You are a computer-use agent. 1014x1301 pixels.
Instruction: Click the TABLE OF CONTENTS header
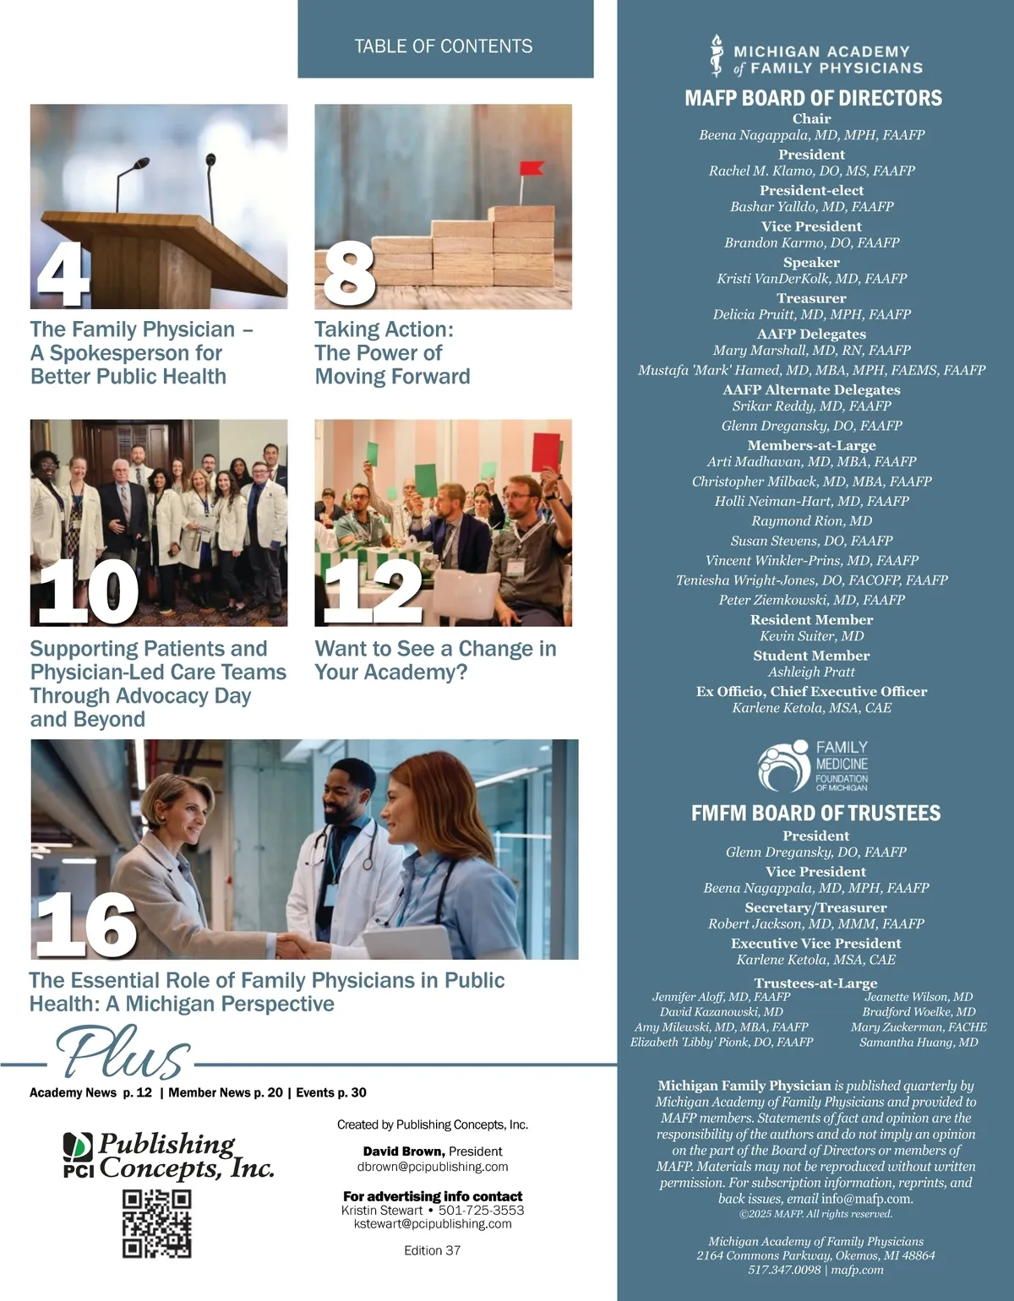(x=444, y=46)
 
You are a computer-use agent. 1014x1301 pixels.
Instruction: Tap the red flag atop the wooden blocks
(x=532, y=168)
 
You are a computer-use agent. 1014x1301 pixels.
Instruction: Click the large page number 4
(x=63, y=275)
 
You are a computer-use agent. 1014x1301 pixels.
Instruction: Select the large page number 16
(x=85, y=925)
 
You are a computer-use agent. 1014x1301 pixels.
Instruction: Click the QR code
(x=156, y=1224)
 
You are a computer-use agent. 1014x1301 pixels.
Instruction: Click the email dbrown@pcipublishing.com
(x=433, y=1167)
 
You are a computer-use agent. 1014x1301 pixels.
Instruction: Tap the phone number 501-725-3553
(x=481, y=1211)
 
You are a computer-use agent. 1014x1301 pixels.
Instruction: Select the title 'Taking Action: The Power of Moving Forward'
(x=392, y=353)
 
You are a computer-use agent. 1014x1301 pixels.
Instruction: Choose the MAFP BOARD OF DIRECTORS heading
(x=813, y=98)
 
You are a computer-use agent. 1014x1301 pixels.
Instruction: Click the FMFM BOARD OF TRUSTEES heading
(x=815, y=814)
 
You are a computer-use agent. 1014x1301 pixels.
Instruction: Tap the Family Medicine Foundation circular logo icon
(x=783, y=766)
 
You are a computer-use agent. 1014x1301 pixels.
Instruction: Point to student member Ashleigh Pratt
(x=811, y=672)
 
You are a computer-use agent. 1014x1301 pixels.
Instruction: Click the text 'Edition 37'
(x=432, y=1250)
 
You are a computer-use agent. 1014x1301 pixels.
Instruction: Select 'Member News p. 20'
(x=226, y=1092)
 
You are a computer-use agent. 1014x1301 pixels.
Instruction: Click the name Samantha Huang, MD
(x=919, y=1042)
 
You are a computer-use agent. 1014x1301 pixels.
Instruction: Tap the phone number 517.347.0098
(x=783, y=1270)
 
